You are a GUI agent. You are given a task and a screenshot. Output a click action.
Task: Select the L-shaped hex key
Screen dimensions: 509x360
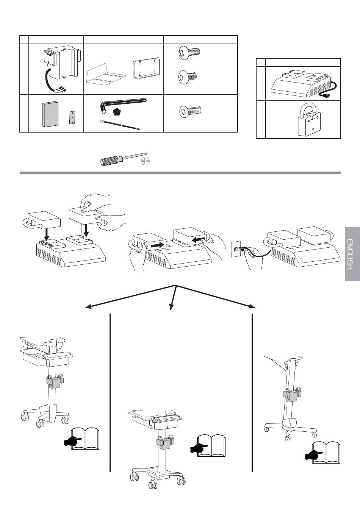click(x=121, y=102)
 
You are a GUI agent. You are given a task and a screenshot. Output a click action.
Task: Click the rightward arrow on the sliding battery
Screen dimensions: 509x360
click(x=155, y=245)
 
